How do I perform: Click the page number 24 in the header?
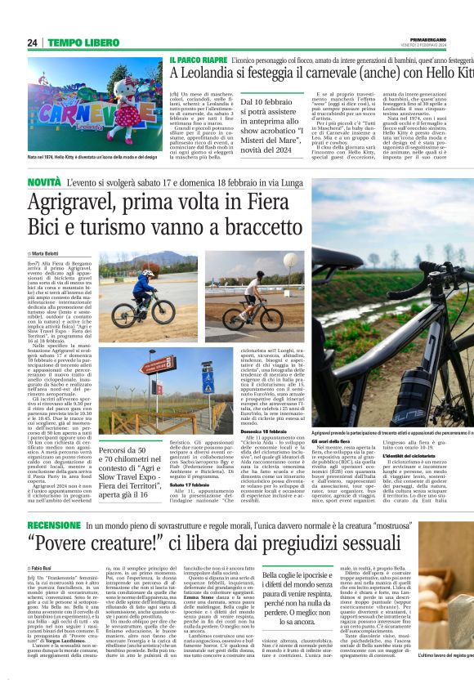[x=32, y=42]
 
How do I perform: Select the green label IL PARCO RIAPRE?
[x=199, y=60]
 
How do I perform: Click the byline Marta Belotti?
[x=50, y=252]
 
